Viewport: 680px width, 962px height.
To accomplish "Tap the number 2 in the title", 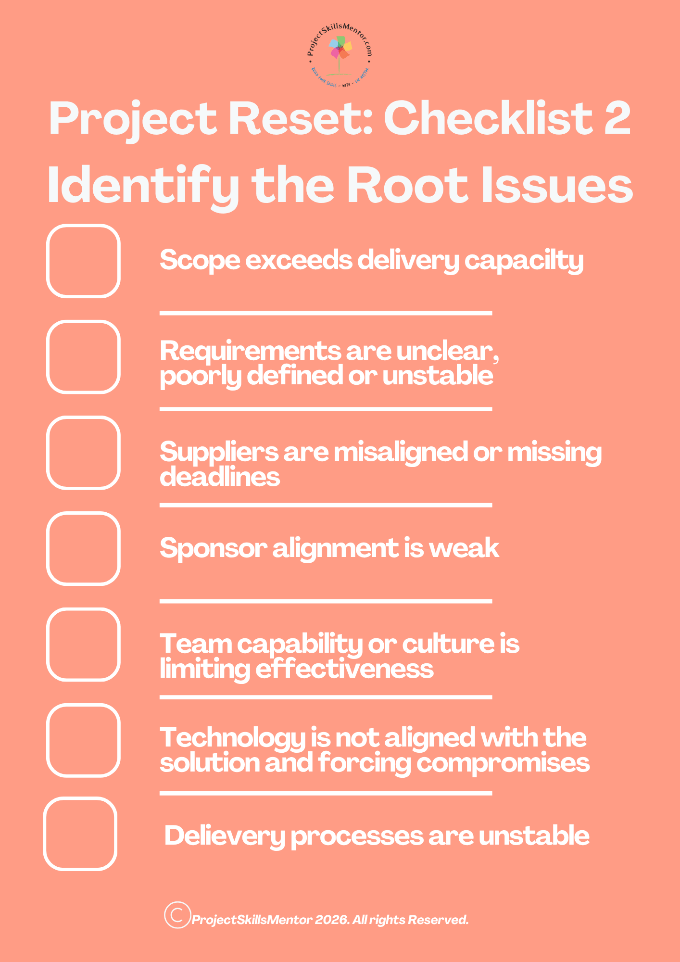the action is [617, 118].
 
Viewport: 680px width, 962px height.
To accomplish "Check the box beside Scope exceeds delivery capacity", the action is [83, 261].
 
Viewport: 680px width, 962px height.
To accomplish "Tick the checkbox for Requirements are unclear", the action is [83, 357].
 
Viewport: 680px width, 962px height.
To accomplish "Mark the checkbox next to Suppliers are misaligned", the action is [83, 453].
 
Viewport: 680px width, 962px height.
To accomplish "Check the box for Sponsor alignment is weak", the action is [83, 548].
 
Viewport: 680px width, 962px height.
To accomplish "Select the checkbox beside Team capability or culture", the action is [83, 645].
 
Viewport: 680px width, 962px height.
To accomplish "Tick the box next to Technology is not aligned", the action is [83, 740].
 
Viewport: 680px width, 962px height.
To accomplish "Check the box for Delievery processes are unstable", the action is [80, 834].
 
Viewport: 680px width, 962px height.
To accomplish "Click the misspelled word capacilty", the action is [524, 261].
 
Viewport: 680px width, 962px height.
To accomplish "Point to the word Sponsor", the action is [213, 548].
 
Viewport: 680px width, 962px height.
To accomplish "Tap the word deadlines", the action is [220, 477].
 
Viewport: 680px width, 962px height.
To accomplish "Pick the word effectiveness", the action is [344, 669].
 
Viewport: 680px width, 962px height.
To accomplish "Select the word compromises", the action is [503, 763].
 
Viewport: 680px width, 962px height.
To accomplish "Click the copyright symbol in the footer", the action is [177, 915].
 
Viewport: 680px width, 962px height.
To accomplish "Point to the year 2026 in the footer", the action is [331, 920].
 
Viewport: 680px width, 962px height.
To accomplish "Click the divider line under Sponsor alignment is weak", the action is [326, 601].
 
